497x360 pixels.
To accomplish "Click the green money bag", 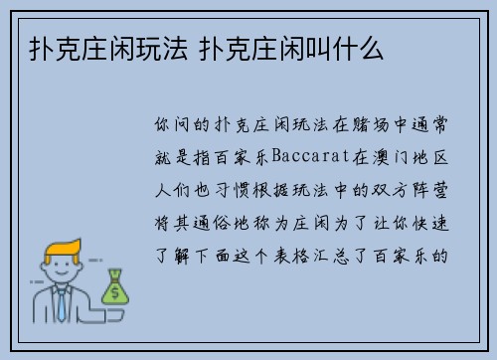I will pos(114,288).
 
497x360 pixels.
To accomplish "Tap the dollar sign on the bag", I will pos(114,292).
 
